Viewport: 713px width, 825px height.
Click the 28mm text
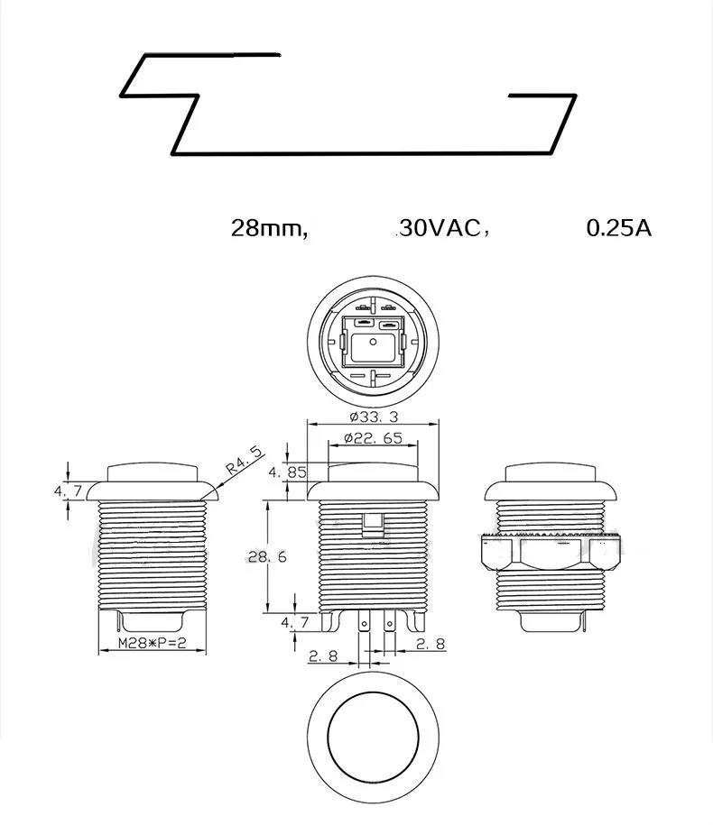pyautogui.click(x=269, y=228)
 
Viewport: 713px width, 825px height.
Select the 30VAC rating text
pyautogui.click(x=441, y=228)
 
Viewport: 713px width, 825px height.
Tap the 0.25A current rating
pyautogui.click(x=619, y=228)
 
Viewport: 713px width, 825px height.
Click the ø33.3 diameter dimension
pyautogui.click(x=375, y=417)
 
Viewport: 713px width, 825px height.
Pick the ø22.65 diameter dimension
pyautogui.click(x=373, y=438)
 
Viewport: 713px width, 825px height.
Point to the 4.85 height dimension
pyautogui.click(x=287, y=472)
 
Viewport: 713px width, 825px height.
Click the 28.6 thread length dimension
pyautogui.click(x=267, y=557)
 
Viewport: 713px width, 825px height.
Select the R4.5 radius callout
pyautogui.click(x=244, y=461)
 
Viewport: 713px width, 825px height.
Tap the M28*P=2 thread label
pyautogui.click(x=152, y=643)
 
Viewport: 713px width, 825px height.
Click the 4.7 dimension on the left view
pyautogui.click(x=68, y=490)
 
